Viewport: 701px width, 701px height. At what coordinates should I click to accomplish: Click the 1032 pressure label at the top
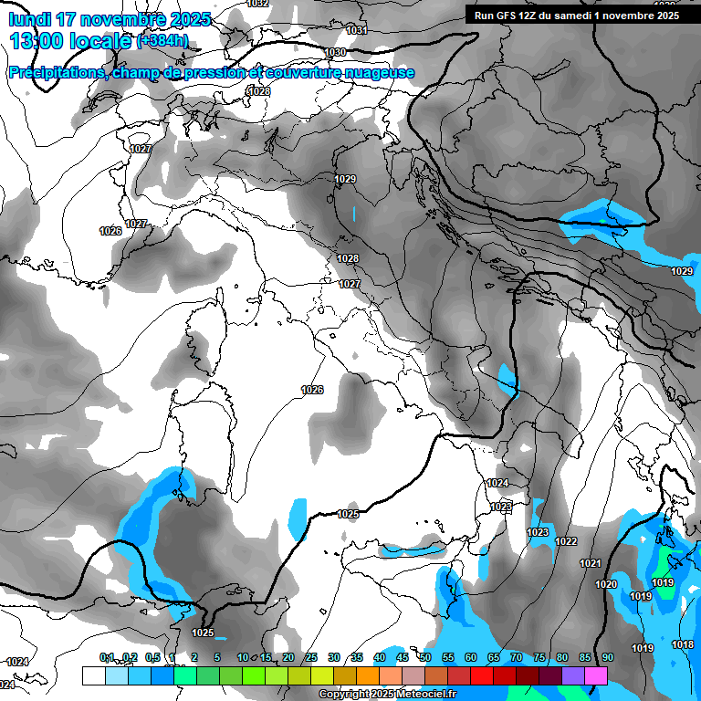pos(258,4)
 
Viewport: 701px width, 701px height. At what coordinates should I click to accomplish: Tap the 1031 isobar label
pos(357,30)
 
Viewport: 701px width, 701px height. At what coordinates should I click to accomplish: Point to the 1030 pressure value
pos(335,52)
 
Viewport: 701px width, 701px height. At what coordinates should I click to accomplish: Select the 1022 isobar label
pos(566,541)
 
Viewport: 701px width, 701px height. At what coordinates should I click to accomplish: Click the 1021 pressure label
pos(591,563)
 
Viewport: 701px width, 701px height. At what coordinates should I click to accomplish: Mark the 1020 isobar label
pos(606,584)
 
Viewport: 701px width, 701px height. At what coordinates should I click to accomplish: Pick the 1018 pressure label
pos(683,644)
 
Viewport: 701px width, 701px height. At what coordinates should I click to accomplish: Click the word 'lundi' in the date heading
pos(35,19)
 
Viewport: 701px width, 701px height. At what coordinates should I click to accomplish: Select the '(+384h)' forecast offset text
pos(162,41)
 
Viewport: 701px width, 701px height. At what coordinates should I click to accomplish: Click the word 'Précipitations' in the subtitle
pos(56,73)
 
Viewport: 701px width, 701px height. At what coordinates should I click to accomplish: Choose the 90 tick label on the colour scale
pos(607,657)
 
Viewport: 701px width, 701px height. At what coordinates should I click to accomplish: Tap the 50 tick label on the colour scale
pos(425,657)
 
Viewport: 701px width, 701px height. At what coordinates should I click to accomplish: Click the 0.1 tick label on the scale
pos(107,657)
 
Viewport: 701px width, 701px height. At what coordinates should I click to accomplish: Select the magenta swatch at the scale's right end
pos(596,675)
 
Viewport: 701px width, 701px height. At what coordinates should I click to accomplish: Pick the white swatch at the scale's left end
pos(93,675)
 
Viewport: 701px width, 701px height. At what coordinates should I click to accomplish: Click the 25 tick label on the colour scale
pos(311,657)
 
